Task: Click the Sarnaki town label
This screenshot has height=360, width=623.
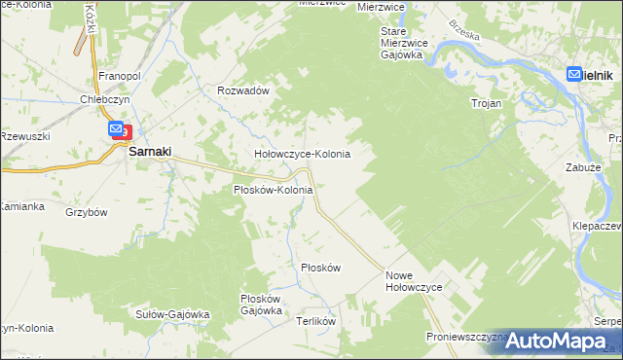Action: tap(151, 152)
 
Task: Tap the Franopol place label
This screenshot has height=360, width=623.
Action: tap(122, 74)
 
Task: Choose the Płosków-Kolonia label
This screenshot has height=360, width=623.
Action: tap(273, 190)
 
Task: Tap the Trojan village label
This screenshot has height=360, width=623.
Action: tap(486, 102)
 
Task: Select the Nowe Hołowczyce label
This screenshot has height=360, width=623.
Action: tap(415, 282)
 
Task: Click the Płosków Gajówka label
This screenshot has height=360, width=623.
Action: tap(261, 305)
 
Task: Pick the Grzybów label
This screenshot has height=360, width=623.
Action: tap(86, 211)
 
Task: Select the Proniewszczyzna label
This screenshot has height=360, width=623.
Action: tap(465, 337)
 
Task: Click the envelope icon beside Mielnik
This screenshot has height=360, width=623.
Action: tap(573, 73)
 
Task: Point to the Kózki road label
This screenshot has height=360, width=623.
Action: tap(91, 15)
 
